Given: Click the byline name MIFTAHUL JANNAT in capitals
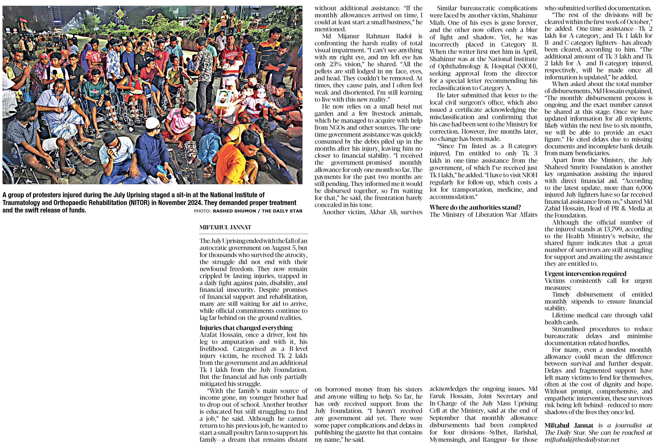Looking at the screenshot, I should (225, 228).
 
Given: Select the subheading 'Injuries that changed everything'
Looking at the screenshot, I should (246, 328).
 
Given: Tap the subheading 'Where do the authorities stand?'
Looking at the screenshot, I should (475, 207).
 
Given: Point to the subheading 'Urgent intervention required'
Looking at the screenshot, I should (585, 274).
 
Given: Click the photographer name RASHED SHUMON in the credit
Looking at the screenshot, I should (234, 211).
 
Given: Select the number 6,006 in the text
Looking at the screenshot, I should (644, 188).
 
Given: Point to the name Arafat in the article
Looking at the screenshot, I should (208, 335).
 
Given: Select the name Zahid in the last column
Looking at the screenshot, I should (552, 208).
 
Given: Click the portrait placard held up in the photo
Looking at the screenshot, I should (223, 99).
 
